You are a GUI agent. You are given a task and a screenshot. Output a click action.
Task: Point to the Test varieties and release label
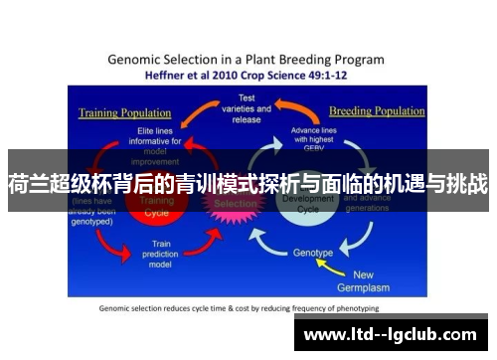[x=247, y=108]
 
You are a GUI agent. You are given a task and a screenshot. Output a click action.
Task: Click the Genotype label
[x=312, y=253]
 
